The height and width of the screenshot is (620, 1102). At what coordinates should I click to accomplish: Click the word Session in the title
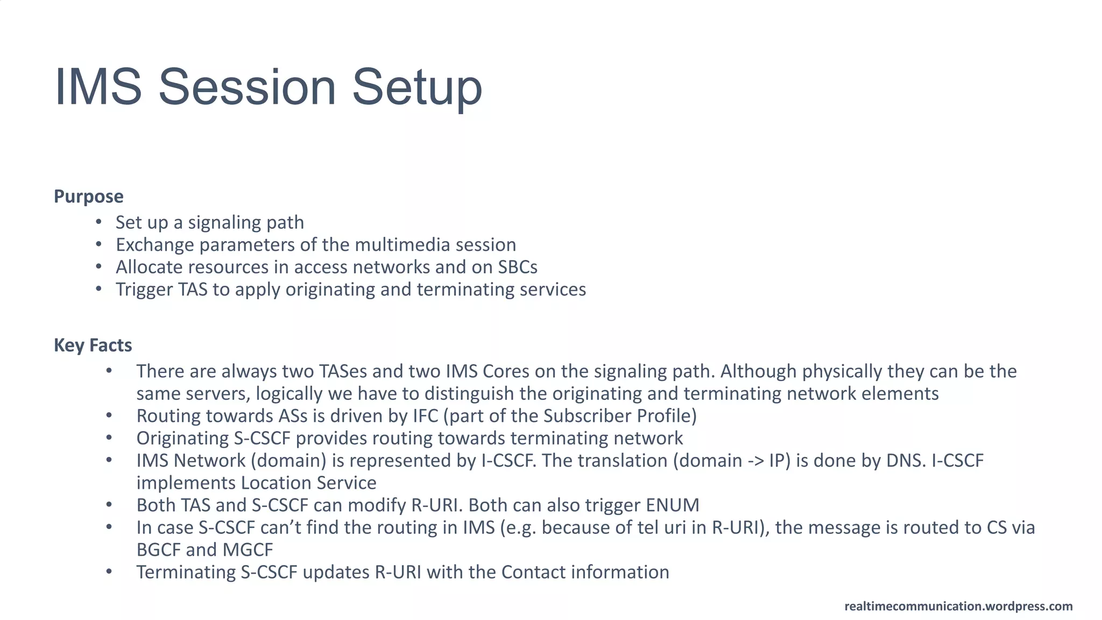[x=247, y=87]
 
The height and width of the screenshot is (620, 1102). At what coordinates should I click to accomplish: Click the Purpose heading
[x=88, y=196]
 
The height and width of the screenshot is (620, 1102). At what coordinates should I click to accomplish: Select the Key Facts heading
[x=93, y=345]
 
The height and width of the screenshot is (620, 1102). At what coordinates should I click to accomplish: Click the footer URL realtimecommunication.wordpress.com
[x=958, y=606]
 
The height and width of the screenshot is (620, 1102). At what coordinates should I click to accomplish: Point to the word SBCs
[x=517, y=267]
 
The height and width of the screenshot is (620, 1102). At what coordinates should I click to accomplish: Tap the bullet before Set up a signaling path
[x=98, y=222]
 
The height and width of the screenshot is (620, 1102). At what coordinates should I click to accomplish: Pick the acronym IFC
[x=425, y=416]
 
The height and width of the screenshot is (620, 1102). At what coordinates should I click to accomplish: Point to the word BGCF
[x=158, y=550]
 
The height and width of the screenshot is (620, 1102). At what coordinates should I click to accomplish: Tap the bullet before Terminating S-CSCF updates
[x=109, y=572]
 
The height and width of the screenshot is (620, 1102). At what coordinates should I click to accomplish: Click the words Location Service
[x=308, y=483]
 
